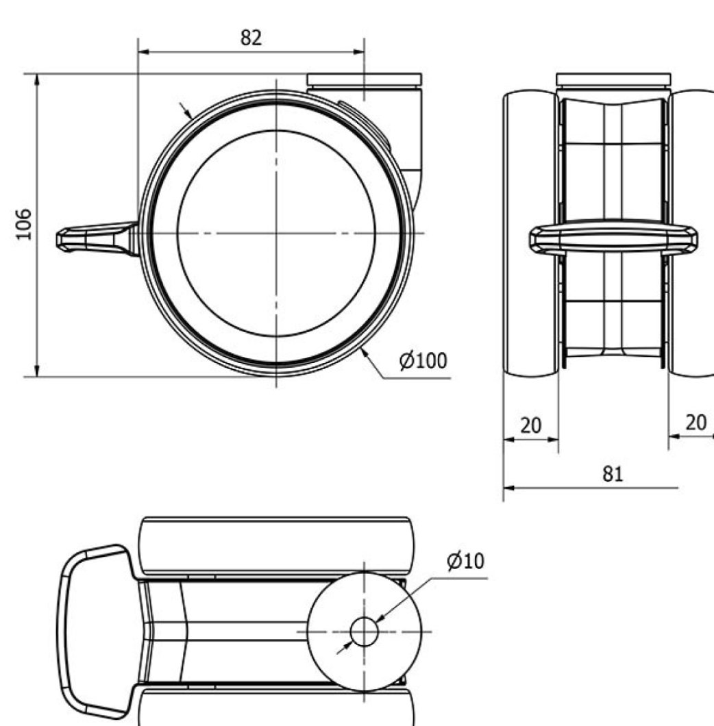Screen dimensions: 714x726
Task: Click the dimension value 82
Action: (251, 38)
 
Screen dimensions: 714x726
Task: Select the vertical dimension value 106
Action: (24, 225)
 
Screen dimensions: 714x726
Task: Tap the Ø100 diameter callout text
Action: (423, 361)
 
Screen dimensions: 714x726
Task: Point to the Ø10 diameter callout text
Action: (465, 561)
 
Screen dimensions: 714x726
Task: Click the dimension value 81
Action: (613, 474)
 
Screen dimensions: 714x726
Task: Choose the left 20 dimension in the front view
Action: (530, 425)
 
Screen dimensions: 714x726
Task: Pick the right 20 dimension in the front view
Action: (695, 423)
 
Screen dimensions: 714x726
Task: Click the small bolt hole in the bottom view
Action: (364, 631)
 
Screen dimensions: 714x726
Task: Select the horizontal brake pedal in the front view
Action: (613, 240)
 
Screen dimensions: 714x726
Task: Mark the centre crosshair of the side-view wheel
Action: (276, 233)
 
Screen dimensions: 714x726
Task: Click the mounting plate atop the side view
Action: (364, 79)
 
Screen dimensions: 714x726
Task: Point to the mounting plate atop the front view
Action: (613, 79)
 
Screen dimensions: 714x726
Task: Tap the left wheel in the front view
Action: (531, 234)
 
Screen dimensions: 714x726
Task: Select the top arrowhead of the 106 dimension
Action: (37, 79)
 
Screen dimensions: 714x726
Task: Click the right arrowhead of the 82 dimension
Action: (358, 52)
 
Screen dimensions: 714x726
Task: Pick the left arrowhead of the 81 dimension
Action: (509, 488)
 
